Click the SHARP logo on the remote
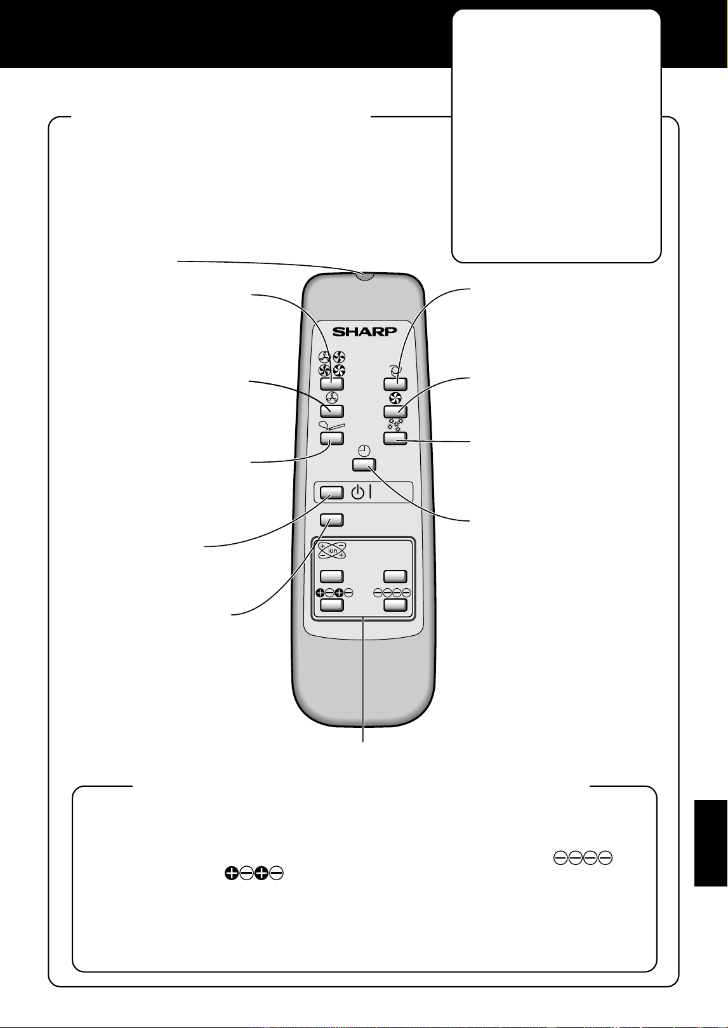364,331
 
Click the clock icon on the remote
364,451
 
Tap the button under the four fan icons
332,384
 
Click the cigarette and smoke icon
331,425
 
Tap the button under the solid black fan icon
395,411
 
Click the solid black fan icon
395,398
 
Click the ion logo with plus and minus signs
332,550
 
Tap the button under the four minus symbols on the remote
395,605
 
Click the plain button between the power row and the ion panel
332,520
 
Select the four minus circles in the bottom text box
583,858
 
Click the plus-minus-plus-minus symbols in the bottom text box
254,873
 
